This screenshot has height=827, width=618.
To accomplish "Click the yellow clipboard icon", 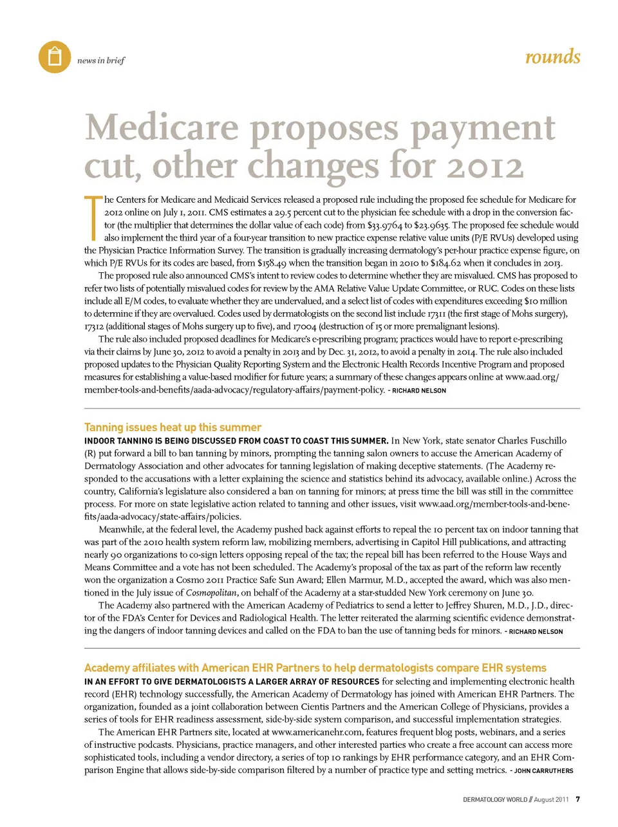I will (x=55, y=57).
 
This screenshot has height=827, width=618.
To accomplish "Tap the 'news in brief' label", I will (x=100, y=60).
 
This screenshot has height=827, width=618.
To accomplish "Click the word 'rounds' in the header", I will (x=552, y=57).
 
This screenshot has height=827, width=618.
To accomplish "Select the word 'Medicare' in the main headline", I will (x=162, y=127).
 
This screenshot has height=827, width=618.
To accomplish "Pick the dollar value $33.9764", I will (x=384, y=225).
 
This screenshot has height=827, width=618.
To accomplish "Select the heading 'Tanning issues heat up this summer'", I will (x=173, y=427).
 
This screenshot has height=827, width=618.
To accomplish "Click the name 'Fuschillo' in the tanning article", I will (x=544, y=441).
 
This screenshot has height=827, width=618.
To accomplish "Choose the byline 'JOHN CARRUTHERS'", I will (x=543, y=770).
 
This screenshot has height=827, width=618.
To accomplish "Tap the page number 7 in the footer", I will (x=578, y=799).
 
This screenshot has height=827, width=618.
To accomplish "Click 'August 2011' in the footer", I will (x=552, y=800).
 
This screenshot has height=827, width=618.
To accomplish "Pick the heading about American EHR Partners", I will (x=315, y=668).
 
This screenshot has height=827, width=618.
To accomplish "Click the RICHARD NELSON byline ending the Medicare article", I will (x=419, y=391).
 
